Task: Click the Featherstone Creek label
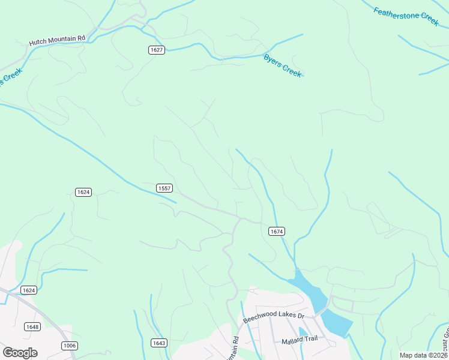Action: pyautogui.click(x=406, y=16)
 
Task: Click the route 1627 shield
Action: pyautogui.click(x=157, y=50)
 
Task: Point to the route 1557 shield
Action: pyautogui.click(x=164, y=188)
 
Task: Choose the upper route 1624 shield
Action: pyautogui.click(x=83, y=192)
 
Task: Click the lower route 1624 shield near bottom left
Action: pyautogui.click(x=28, y=290)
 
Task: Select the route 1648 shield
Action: pyautogui.click(x=32, y=326)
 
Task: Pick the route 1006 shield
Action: pyautogui.click(x=70, y=345)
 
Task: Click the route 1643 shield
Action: pyautogui.click(x=158, y=343)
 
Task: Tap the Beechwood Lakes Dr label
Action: pyautogui.click(x=274, y=316)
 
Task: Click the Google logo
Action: pyautogui.click(x=20, y=352)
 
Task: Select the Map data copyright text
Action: pyautogui.click(x=423, y=355)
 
